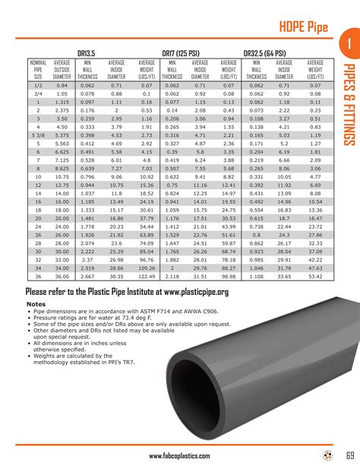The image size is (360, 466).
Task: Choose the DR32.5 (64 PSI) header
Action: click(x=270, y=52)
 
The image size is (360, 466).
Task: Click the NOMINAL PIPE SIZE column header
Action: click(x=37, y=69)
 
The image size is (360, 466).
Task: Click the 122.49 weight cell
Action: click(x=146, y=276)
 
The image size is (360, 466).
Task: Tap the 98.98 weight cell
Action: click(x=228, y=276)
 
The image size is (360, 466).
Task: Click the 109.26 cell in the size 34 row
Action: click(x=146, y=268)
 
